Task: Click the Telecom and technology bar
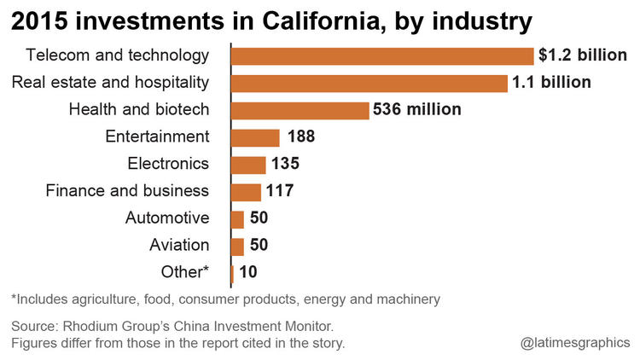(x=382, y=56)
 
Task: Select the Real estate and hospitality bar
(x=369, y=84)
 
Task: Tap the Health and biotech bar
(x=300, y=110)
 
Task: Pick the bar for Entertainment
(x=255, y=137)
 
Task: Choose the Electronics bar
(x=248, y=165)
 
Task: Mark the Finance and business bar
(x=246, y=192)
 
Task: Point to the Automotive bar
(x=237, y=219)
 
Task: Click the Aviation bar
(x=237, y=247)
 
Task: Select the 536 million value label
(x=416, y=110)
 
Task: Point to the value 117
(x=279, y=192)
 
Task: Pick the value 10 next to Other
(x=248, y=273)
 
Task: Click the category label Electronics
(x=168, y=164)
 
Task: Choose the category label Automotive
(x=167, y=218)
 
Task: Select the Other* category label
(x=185, y=273)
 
